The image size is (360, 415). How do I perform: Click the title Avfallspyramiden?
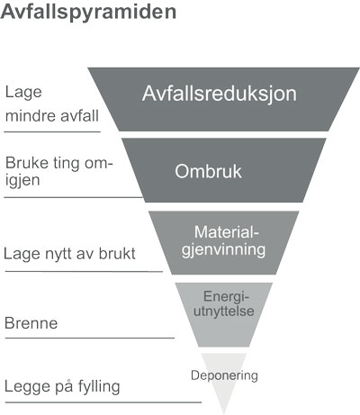click(x=88, y=13)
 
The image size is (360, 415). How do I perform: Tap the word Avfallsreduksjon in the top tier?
click(x=220, y=94)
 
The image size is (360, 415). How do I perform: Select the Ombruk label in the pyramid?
click(x=208, y=171)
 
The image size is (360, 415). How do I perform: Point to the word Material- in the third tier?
click(x=227, y=232)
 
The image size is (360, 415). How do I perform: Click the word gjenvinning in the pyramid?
click(x=224, y=250)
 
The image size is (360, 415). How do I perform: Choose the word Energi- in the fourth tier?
click(x=227, y=297)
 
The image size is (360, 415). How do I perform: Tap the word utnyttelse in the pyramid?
click(x=224, y=311)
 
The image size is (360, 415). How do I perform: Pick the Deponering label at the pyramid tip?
click(x=224, y=375)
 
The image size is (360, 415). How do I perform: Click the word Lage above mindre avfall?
click(x=23, y=93)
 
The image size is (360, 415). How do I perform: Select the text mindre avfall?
click(x=52, y=116)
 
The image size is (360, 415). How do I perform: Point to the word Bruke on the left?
click(x=27, y=163)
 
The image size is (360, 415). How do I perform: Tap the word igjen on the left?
click(x=22, y=181)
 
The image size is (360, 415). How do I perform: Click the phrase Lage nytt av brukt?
click(x=69, y=254)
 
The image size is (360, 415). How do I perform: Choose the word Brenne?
click(x=31, y=323)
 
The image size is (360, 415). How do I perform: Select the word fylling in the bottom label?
click(x=99, y=386)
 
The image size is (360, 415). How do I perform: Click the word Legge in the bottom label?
click(x=28, y=386)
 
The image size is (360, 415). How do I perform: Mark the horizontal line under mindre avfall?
click(x=52, y=131)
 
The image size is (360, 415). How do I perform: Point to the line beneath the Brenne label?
click(x=90, y=338)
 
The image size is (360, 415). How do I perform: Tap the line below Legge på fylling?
click(x=103, y=402)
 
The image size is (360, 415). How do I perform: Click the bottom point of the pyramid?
click(x=224, y=414)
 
